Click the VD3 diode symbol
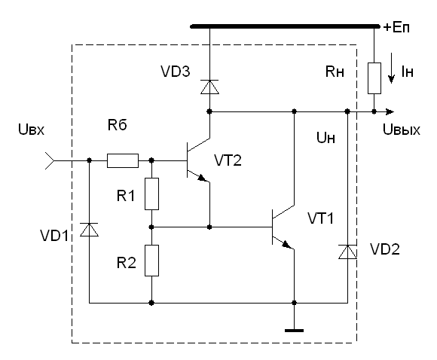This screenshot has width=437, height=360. (x=209, y=87)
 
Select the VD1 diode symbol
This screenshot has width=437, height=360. (x=89, y=230)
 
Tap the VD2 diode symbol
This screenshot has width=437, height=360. (x=347, y=252)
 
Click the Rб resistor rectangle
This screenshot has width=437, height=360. (x=123, y=160)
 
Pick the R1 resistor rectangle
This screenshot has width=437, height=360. (x=151, y=194)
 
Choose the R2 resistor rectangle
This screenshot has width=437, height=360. (x=151, y=261)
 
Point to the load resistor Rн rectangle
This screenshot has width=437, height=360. (x=374, y=78)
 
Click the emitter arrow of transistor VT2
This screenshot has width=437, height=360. (x=203, y=178)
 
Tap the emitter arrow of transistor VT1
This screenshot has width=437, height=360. (x=287, y=245)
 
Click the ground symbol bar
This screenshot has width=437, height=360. (x=294, y=331)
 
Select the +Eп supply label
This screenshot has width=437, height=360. (x=396, y=28)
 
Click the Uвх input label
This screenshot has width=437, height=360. (x=31, y=130)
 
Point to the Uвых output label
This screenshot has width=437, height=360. (x=402, y=130)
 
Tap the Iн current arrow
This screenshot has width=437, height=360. (x=392, y=68)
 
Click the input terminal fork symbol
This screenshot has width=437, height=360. (x=50, y=160)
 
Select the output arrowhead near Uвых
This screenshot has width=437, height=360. (x=390, y=111)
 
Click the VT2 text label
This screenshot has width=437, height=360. (x=228, y=160)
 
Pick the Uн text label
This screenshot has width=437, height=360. (x=325, y=138)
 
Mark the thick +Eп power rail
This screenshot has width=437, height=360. (x=285, y=26)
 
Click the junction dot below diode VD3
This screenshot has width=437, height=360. (x=209, y=111)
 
